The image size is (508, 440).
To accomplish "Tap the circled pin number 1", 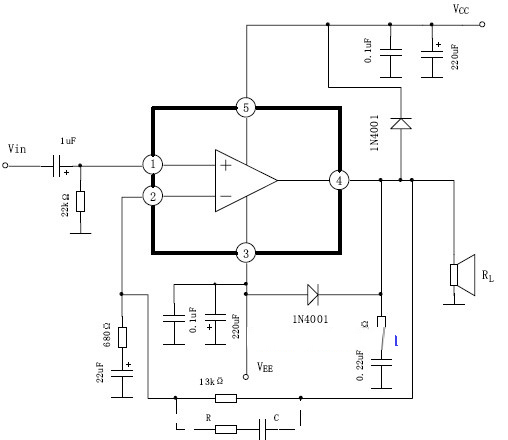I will point(152,164).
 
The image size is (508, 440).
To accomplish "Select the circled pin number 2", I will point(152,196).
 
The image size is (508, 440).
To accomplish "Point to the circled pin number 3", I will point(246,253).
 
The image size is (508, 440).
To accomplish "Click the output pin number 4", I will point(340,180).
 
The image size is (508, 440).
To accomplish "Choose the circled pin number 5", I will point(246,107).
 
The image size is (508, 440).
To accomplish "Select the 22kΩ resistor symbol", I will point(81,202).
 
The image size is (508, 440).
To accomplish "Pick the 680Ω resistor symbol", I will point(121,337).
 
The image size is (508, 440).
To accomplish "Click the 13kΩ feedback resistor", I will point(226,398).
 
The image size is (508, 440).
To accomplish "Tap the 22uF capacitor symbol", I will point(121,377).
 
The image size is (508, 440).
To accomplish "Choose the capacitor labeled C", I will point(265,429).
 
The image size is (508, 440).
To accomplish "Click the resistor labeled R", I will point(226,429).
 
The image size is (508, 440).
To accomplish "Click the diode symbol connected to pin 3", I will point(311,294).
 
